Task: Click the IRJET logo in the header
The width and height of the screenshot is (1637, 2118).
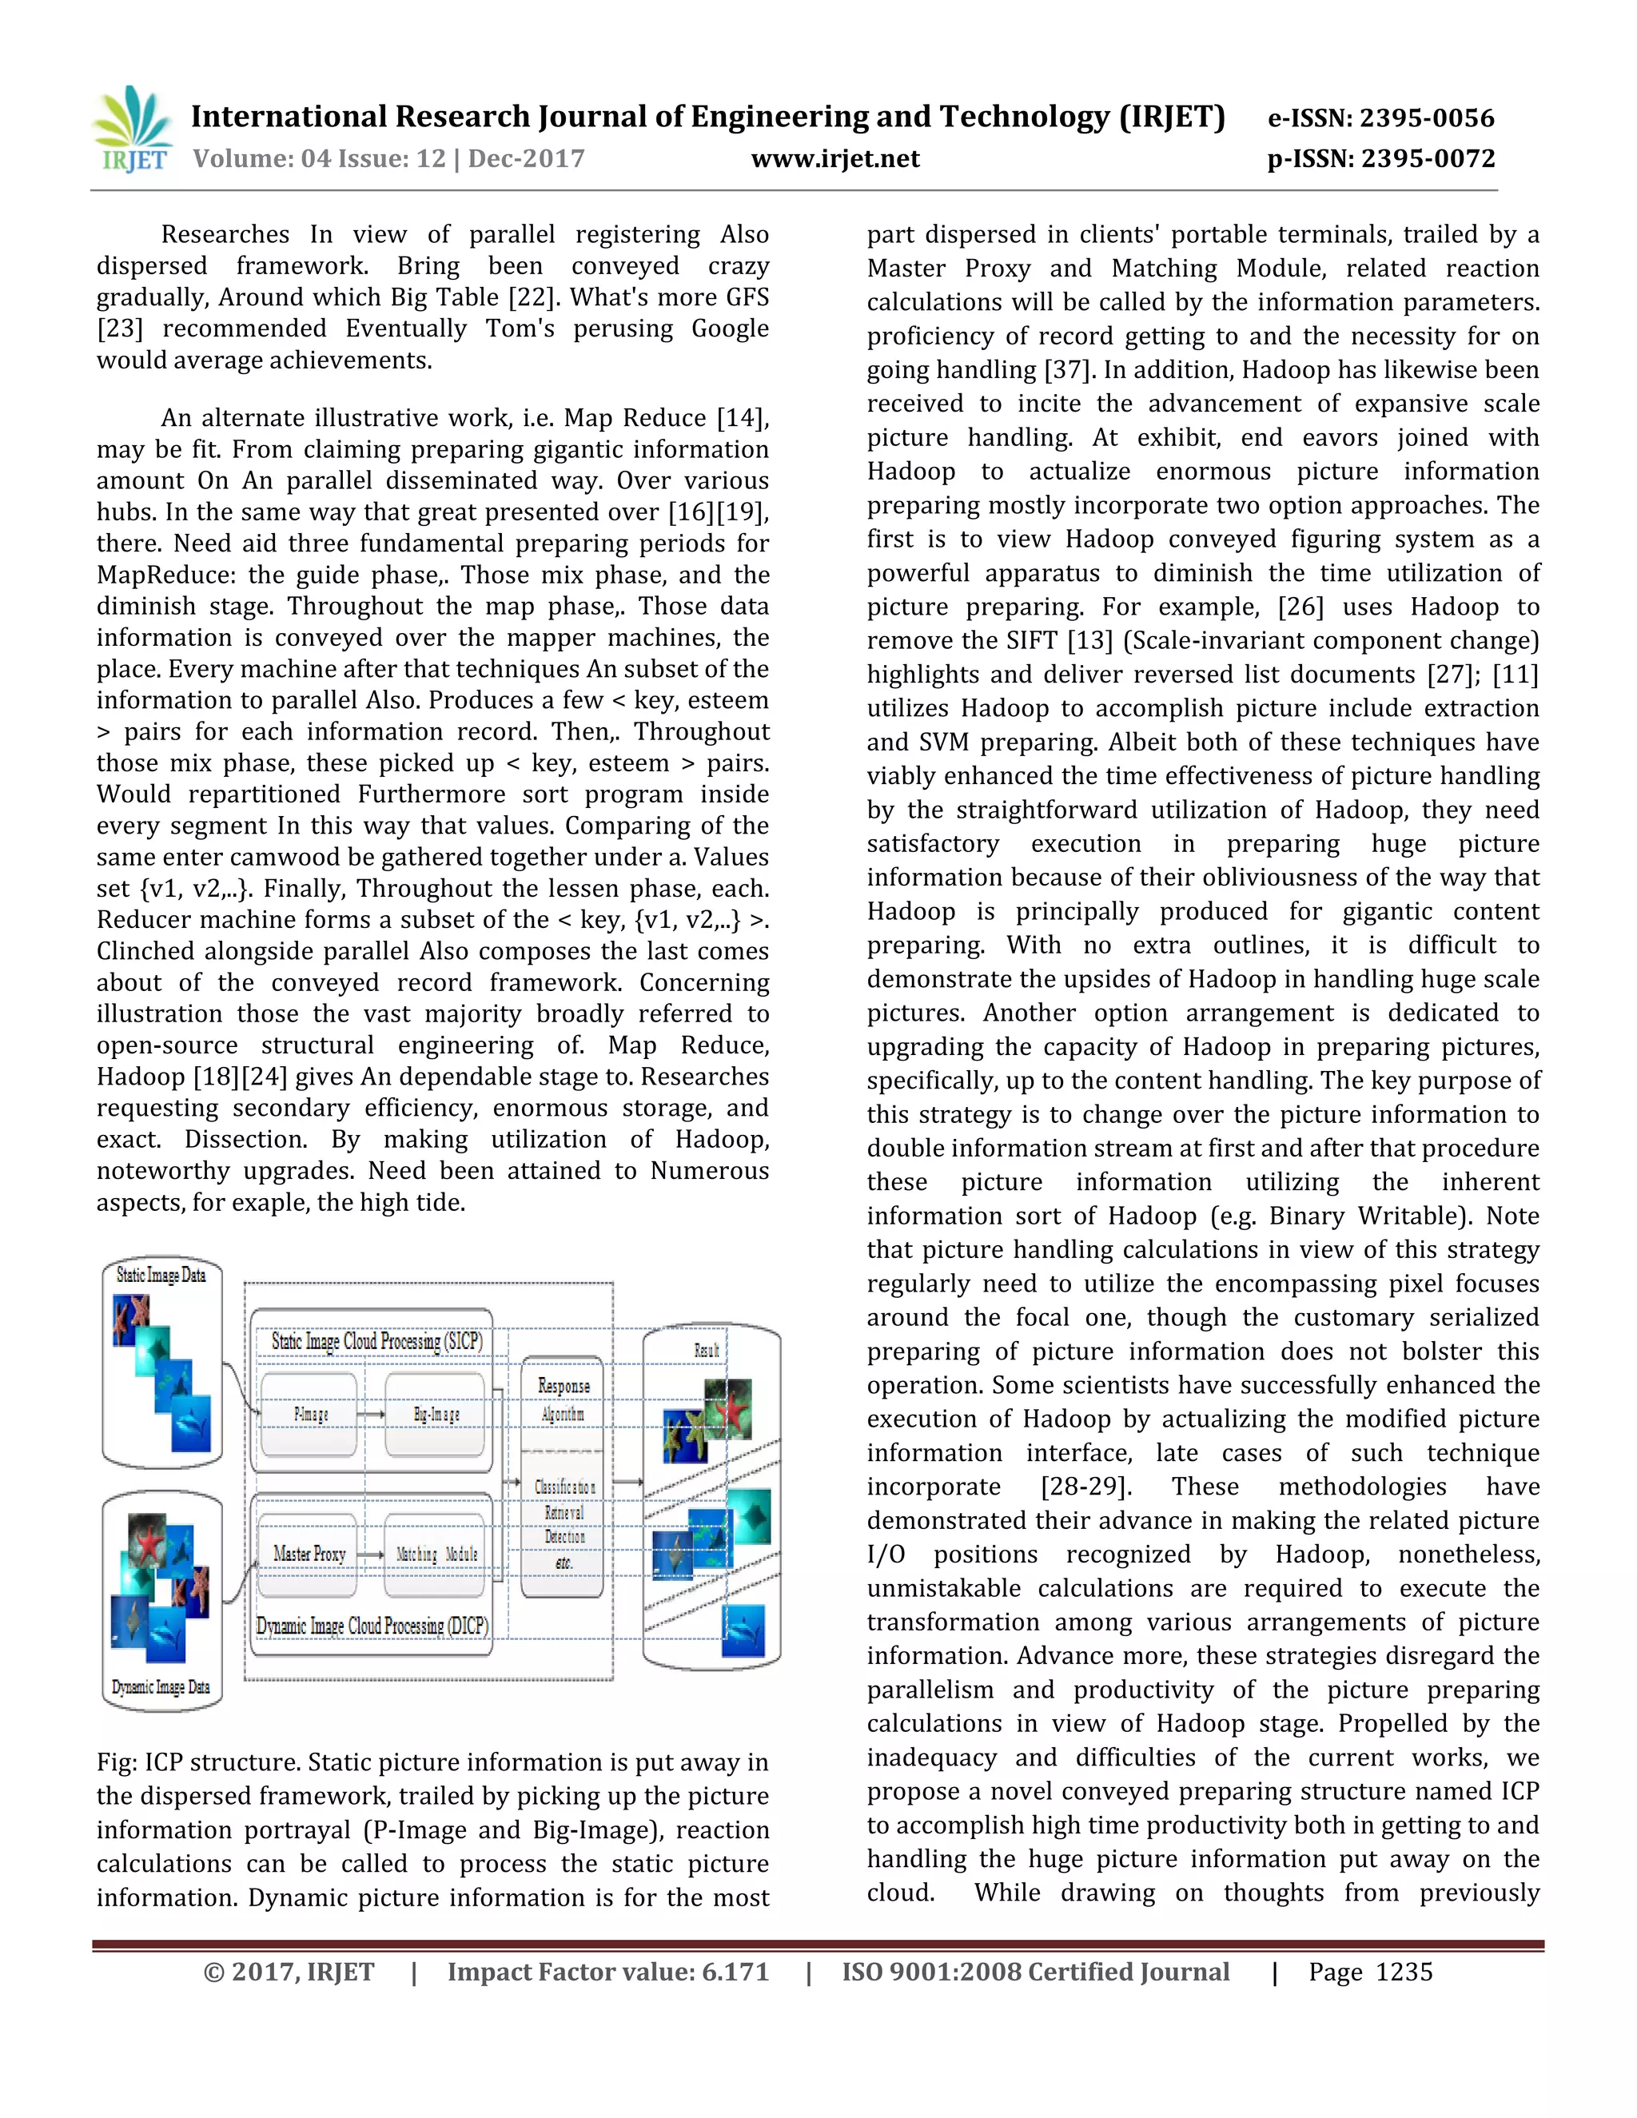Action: click(133, 129)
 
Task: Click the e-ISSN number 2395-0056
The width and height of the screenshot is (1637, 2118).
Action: click(1427, 118)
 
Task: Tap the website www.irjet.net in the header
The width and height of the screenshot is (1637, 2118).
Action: click(835, 159)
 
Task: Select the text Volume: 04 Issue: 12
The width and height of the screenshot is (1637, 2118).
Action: click(319, 159)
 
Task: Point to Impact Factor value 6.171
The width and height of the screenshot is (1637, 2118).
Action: click(608, 1972)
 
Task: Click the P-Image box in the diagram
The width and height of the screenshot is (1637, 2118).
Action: click(310, 1415)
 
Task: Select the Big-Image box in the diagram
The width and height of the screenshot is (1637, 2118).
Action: click(436, 1415)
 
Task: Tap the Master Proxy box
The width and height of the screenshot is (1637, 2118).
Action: click(309, 1554)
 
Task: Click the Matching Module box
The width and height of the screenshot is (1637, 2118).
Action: click(436, 1554)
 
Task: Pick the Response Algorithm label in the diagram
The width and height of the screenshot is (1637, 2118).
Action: click(564, 1399)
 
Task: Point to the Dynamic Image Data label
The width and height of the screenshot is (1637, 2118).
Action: click(161, 1686)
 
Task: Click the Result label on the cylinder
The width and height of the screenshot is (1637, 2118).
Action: click(707, 1350)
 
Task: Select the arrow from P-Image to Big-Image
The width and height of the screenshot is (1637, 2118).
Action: click(370, 1415)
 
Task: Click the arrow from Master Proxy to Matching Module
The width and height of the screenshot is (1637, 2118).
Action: click(370, 1554)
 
